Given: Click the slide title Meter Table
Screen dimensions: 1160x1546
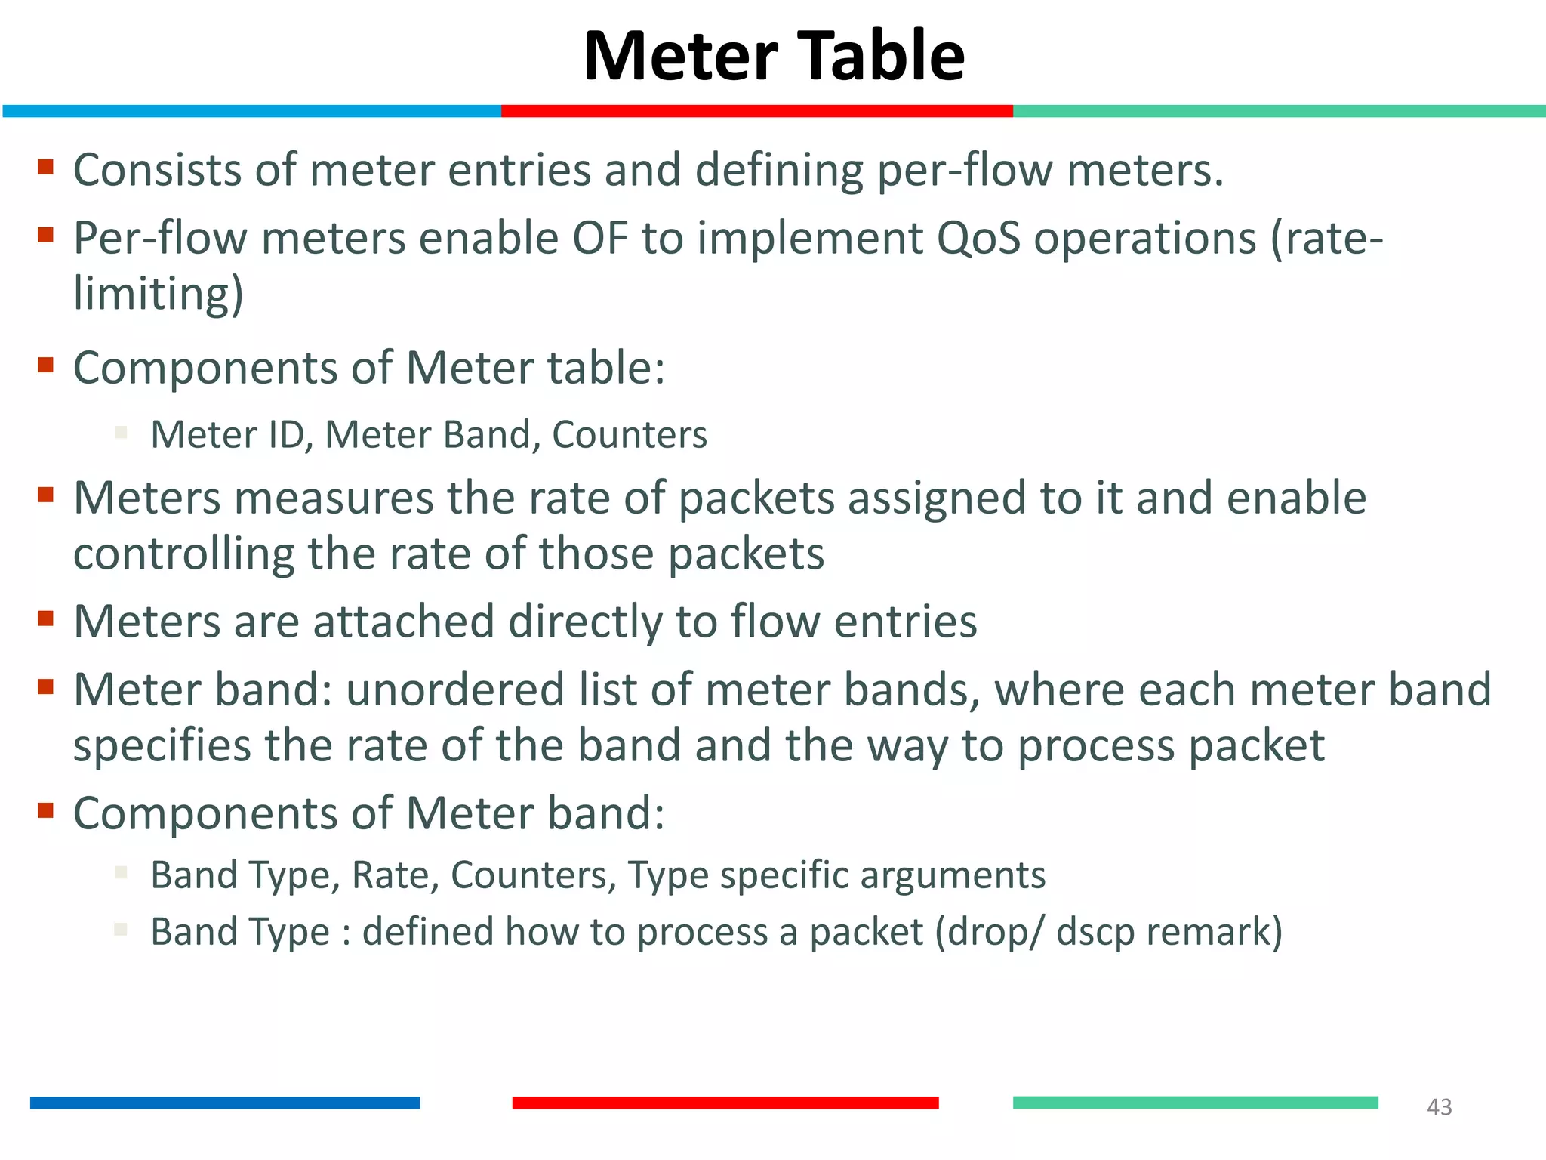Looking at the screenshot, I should (x=774, y=56).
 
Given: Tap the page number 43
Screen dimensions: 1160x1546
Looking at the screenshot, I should (x=1439, y=1107).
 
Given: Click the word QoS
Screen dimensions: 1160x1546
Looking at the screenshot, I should (x=978, y=239).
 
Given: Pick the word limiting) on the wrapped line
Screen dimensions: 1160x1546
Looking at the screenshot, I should (x=159, y=294).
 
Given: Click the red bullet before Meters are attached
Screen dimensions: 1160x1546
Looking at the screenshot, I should (x=46, y=619).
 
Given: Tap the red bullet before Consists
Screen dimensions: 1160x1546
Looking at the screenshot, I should (x=46, y=167).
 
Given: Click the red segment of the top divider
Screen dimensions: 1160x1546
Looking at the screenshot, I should (x=756, y=111).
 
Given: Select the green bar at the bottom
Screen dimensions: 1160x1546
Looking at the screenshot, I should (x=1195, y=1103).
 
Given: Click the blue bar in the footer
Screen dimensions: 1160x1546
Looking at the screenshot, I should (x=225, y=1103).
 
